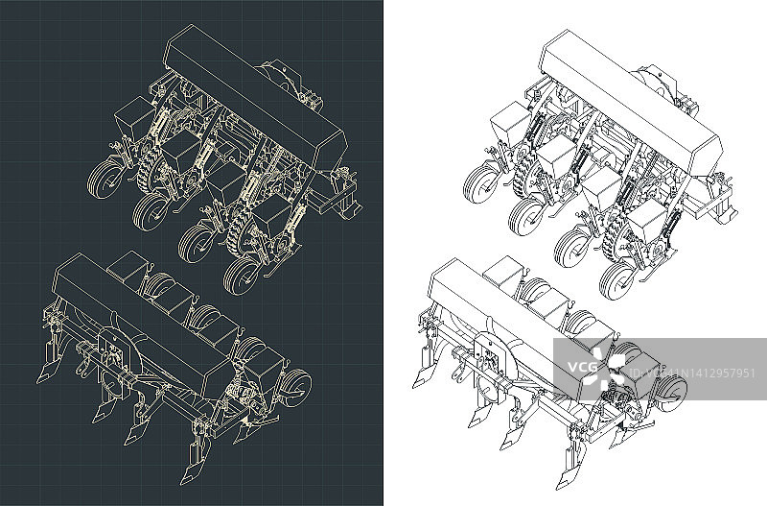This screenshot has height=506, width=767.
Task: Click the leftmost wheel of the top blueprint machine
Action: point(105,180)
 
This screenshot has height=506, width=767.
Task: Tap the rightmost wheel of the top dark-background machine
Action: point(242,276)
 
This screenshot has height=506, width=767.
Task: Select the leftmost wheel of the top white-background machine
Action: point(481,184)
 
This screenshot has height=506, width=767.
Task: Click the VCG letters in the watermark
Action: point(582,367)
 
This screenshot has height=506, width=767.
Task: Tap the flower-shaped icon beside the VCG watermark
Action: point(610,367)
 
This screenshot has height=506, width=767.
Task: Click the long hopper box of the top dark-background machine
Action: point(255,92)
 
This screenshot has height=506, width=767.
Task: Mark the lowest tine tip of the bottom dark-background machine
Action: point(183,484)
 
